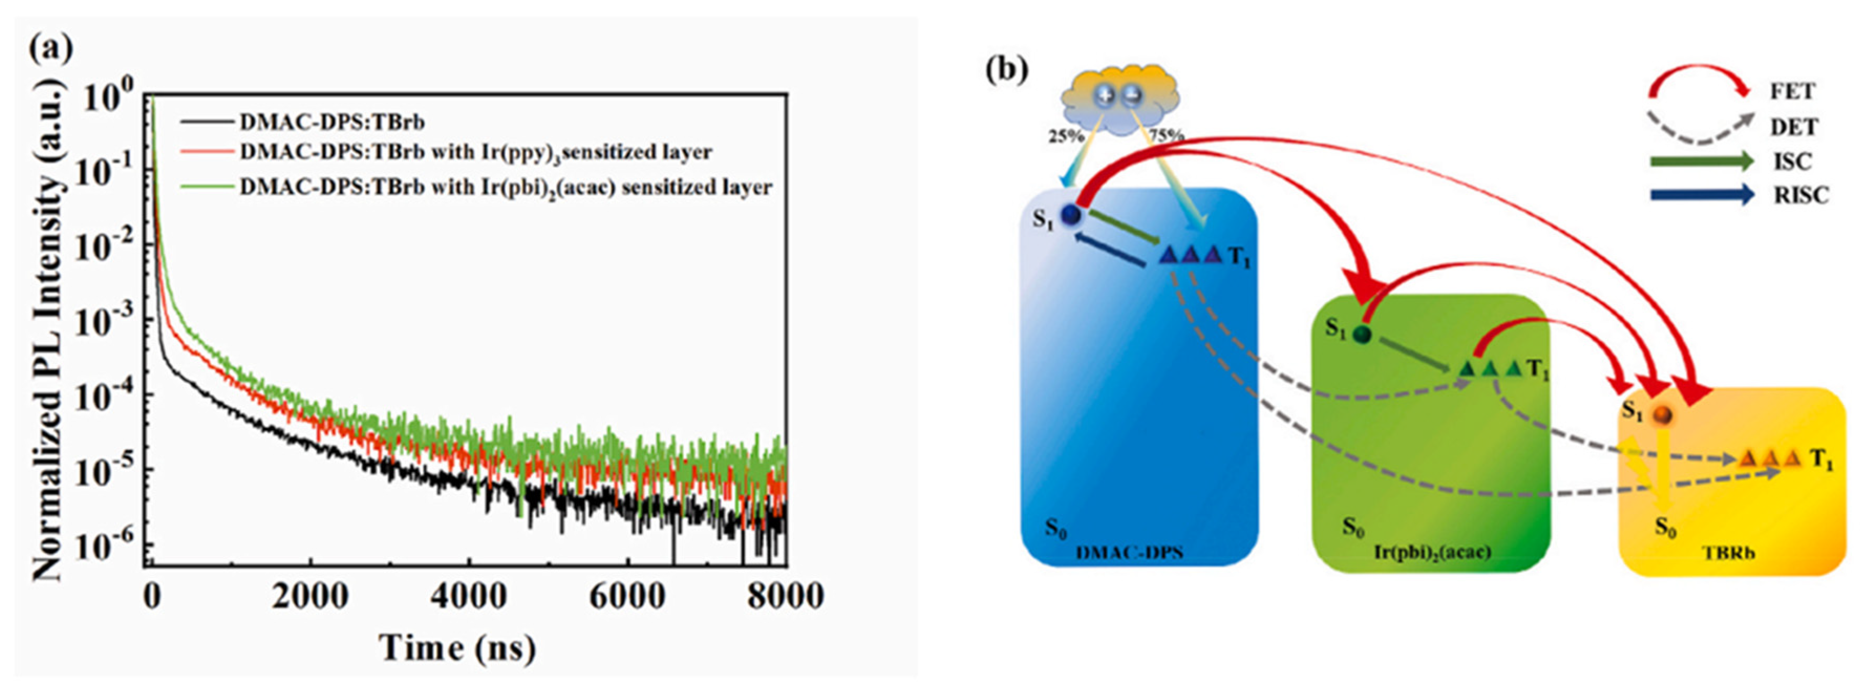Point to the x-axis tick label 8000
point(785,596)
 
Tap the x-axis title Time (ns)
point(457,648)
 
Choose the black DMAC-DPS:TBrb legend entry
point(342,121)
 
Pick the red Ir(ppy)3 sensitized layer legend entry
point(476,153)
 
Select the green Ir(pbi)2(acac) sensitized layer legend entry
point(505,188)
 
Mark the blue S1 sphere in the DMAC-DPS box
point(1071,215)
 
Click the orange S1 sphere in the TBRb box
point(1662,415)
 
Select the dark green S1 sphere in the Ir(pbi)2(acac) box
point(1362,335)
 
